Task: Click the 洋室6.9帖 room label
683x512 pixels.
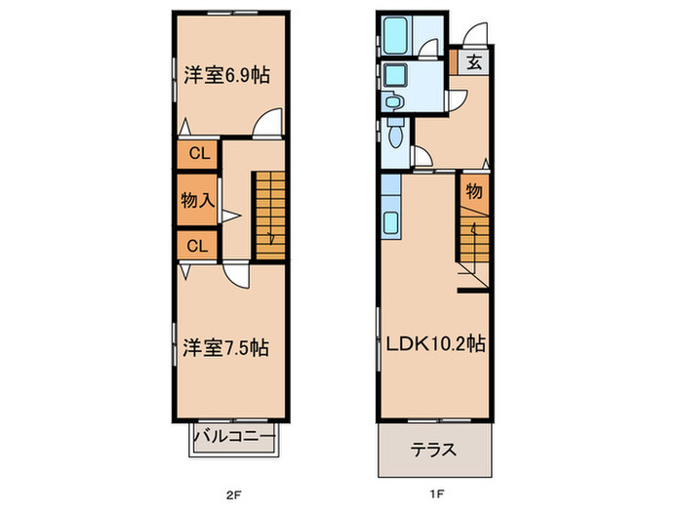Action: (226, 76)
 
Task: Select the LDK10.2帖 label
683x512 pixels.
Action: (434, 343)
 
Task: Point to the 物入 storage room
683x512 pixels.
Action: (197, 200)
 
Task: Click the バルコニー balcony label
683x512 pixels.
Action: (231, 436)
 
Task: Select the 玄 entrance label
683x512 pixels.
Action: (473, 64)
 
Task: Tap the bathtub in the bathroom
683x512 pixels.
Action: (397, 36)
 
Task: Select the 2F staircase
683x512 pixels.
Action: (269, 215)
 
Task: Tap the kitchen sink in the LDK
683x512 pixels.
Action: (390, 222)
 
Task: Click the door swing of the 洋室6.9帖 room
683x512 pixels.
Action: (268, 125)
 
